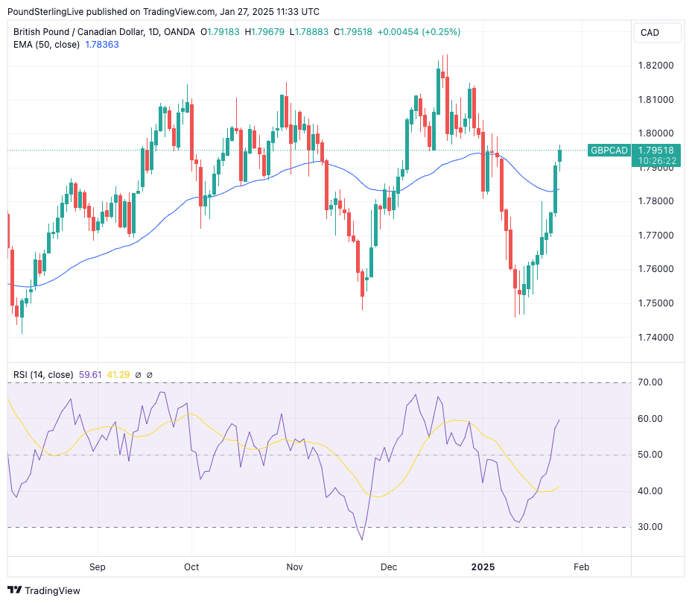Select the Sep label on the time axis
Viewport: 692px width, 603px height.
point(98,566)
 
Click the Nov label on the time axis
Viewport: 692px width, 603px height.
point(296,566)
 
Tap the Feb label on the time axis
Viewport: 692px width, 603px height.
point(581,566)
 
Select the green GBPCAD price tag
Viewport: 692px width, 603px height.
point(609,151)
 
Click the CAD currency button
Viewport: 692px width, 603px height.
point(650,33)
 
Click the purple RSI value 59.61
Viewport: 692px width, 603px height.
point(89,374)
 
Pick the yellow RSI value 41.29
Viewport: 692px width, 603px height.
point(119,374)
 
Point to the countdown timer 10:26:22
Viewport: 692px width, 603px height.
point(656,160)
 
